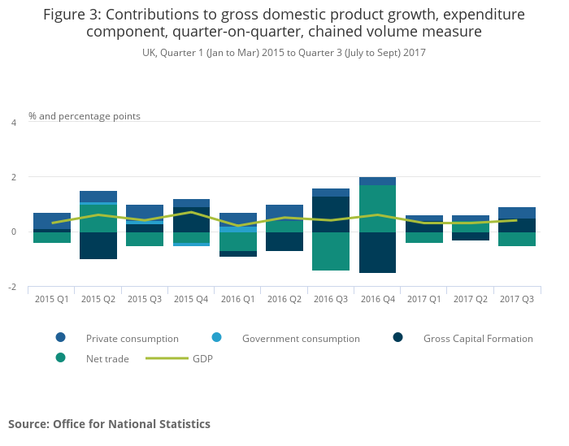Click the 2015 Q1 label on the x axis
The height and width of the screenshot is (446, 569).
click(x=51, y=300)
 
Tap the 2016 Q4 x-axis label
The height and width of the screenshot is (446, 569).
click(x=377, y=300)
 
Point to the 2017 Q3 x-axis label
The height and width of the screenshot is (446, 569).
click(x=517, y=300)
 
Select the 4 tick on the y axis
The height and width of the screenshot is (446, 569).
click(x=13, y=123)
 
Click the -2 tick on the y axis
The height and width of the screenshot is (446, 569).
click(x=12, y=288)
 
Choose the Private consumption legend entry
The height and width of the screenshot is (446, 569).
click(x=132, y=338)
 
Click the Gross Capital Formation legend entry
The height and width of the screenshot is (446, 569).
click(x=478, y=338)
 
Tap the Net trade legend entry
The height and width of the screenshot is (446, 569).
click(x=107, y=358)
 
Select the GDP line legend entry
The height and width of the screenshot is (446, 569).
click(x=202, y=358)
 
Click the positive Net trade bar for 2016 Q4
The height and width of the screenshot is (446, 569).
click(x=377, y=209)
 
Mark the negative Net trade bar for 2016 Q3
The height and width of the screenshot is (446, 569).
click(x=331, y=251)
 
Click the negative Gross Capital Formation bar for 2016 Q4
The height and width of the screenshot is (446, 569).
click(x=377, y=253)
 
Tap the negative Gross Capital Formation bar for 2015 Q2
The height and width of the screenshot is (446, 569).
click(x=98, y=245)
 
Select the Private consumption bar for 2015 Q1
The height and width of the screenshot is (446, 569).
click(x=52, y=221)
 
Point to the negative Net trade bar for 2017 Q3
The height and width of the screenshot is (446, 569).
click(x=517, y=239)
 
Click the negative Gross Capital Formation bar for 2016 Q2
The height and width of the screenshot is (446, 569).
click(x=284, y=241)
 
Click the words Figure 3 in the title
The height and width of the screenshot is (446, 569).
click(x=72, y=15)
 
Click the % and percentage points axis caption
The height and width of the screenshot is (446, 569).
click(x=85, y=116)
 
